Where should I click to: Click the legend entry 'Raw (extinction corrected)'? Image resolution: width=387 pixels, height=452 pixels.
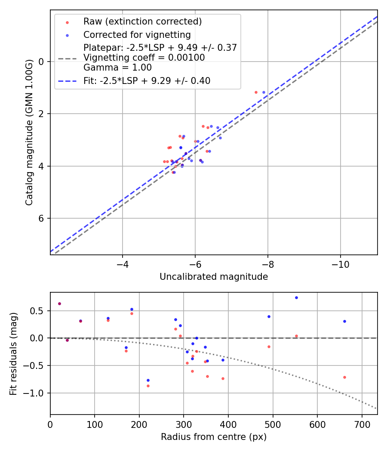pyautogui.click(x=142, y=22)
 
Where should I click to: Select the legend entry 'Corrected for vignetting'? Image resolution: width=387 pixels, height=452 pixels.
pyautogui.click(x=137, y=35)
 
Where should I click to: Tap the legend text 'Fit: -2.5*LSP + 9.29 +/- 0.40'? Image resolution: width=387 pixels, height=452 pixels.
pyautogui.click(x=147, y=80)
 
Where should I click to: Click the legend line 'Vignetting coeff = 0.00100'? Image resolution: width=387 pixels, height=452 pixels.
pyautogui.click(x=144, y=58)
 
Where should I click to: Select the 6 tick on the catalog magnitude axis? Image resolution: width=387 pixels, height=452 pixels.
pyautogui.click(x=41, y=218)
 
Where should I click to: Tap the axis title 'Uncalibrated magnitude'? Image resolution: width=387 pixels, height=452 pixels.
pyautogui.click(x=214, y=277)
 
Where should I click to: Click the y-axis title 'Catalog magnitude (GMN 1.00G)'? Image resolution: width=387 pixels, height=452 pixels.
pyautogui.click(x=29, y=132)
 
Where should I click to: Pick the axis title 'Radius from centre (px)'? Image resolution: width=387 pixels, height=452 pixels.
pyautogui.click(x=214, y=437)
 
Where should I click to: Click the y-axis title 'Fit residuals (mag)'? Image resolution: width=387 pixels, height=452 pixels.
pyautogui.click(x=13, y=353)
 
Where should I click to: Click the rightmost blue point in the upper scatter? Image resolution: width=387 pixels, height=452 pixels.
pyautogui.click(x=264, y=92)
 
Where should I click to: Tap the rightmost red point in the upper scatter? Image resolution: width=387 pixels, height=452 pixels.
pyautogui.click(x=256, y=92)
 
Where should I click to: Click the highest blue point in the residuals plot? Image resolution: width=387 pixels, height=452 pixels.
pyautogui.click(x=296, y=297)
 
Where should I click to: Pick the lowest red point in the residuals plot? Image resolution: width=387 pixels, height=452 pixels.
pyautogui.click(x=148, y=386)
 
